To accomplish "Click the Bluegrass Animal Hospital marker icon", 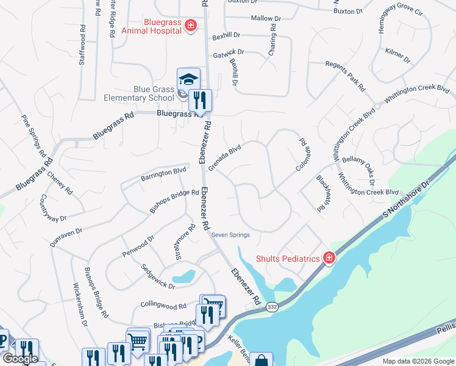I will point(191,26).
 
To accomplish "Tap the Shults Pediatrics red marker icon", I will point(329,258).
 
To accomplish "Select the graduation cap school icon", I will point(188,79).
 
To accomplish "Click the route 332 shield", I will point(273,308).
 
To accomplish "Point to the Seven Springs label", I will point(230,235).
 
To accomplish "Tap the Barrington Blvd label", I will point(163,174).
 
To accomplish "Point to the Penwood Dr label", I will point(138,246).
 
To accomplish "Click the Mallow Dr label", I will point(266,18).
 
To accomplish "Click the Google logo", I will point(20,359).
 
